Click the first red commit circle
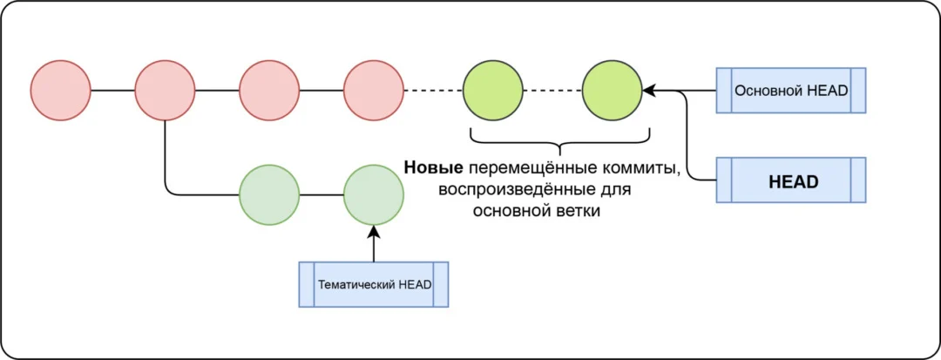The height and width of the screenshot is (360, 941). click(x=61, y=91)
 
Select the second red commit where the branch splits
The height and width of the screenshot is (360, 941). click(x=165, y=91)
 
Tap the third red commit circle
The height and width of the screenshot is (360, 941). click(x=269, y=91)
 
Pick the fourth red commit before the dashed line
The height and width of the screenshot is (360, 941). click(x=374, y=91)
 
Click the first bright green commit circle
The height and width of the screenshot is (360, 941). click(x=492, y=91)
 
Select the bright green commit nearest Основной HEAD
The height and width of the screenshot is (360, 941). click(x=612, y=91)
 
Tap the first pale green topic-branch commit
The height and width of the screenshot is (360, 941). click(x=269, y=194)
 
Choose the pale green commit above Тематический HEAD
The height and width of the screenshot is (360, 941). click(x=374, y=194)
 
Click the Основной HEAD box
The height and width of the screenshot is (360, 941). click(x=790, y=91)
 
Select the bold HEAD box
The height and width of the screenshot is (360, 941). click(x=790, y=180)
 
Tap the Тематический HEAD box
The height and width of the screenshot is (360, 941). click(x=373, y=284)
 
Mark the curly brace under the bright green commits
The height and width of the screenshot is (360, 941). click(x=559, y=139)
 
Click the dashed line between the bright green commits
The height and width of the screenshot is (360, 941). click(x=552, y=91)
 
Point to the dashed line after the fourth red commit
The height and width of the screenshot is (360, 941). click(x=432, y=91)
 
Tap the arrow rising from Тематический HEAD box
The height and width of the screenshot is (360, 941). click(x=373, y=244)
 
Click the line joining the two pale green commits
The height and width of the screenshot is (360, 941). click(x=322, y=194)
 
